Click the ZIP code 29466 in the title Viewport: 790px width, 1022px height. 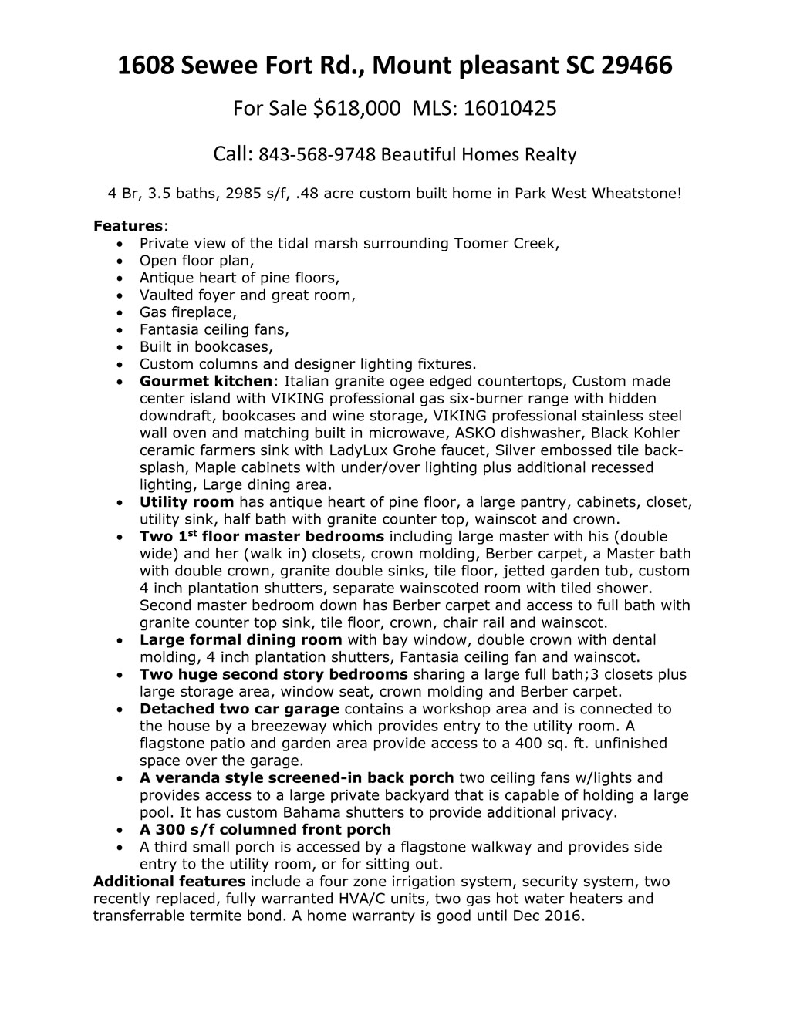tap(636, 66)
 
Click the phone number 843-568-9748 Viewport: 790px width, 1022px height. tap(317, 156)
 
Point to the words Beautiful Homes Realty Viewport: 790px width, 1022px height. tap(479, 156)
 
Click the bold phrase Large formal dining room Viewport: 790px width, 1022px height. tap(241, 639)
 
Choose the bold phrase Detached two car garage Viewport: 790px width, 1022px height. tap(239, 709)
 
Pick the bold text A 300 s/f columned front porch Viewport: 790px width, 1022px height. tap(265, 829)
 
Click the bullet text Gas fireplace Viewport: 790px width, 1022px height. tap(187, 312)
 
